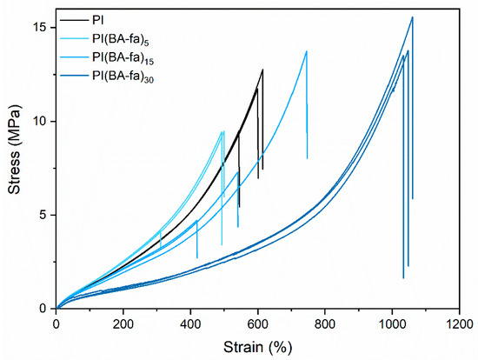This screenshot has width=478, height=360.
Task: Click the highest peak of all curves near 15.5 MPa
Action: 412,17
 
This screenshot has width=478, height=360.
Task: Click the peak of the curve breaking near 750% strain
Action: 306,51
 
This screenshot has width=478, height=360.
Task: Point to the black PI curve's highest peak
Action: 262,70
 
